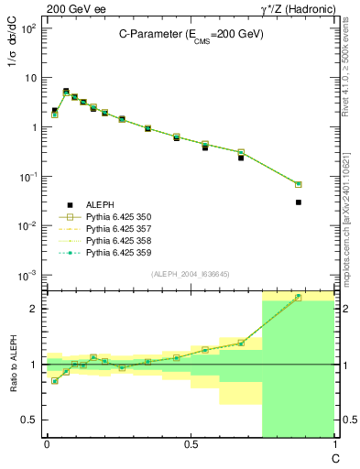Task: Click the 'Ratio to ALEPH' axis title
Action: coord(18,365)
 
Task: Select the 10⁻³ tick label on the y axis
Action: coord(27,275)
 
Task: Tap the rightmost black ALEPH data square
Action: coord(299,202)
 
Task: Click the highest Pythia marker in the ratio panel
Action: coord(299,297)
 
